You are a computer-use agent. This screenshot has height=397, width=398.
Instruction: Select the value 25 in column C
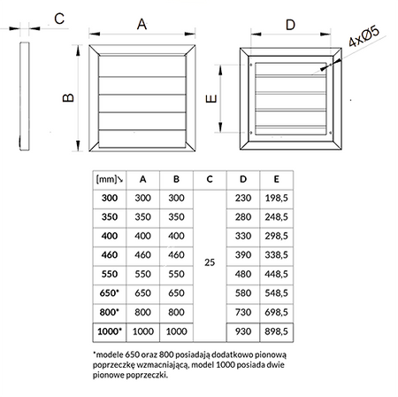pos(209,262)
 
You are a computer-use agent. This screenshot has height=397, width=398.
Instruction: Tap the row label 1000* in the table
pos(110,331)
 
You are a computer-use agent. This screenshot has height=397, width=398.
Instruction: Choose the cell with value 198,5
pos(279,197)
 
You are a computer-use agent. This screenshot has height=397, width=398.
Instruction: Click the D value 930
pos(241,331)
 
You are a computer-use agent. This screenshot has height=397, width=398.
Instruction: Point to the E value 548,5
pos(279,292)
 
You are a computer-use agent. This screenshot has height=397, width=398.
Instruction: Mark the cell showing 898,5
pos(279,331)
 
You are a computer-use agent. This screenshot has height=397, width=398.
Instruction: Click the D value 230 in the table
pos(241,197)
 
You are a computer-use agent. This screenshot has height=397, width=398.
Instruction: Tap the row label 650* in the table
pos(110,292)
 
